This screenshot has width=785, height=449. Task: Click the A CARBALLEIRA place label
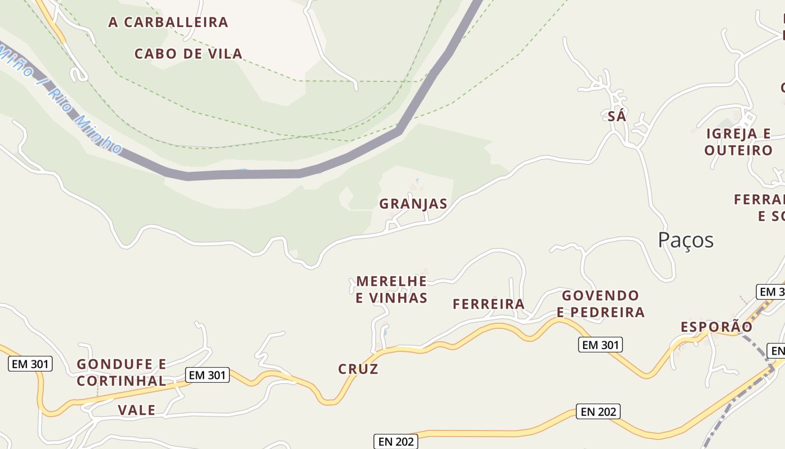[168, 22]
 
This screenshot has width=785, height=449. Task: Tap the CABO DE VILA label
[188, 54]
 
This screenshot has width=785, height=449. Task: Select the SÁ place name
[617, 116]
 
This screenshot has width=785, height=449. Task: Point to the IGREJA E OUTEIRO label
[738, 142]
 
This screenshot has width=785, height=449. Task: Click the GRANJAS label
[413, 204]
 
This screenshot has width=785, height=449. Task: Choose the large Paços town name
[686, 240]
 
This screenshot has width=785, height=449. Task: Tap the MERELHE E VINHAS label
[391, 289]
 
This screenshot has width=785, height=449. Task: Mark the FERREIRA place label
[488, 304]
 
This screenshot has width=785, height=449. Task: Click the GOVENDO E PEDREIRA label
[601, 304]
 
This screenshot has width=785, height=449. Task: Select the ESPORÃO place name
[717, 327]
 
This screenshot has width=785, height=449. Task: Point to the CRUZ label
[358, 369]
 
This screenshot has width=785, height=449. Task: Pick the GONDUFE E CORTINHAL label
[122, 373]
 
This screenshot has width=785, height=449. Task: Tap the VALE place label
[137, 410]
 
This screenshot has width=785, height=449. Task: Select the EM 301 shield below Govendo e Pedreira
[600, 345]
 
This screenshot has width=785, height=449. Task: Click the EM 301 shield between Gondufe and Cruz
[207, 375]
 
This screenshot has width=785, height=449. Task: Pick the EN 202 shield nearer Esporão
[598, 412]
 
